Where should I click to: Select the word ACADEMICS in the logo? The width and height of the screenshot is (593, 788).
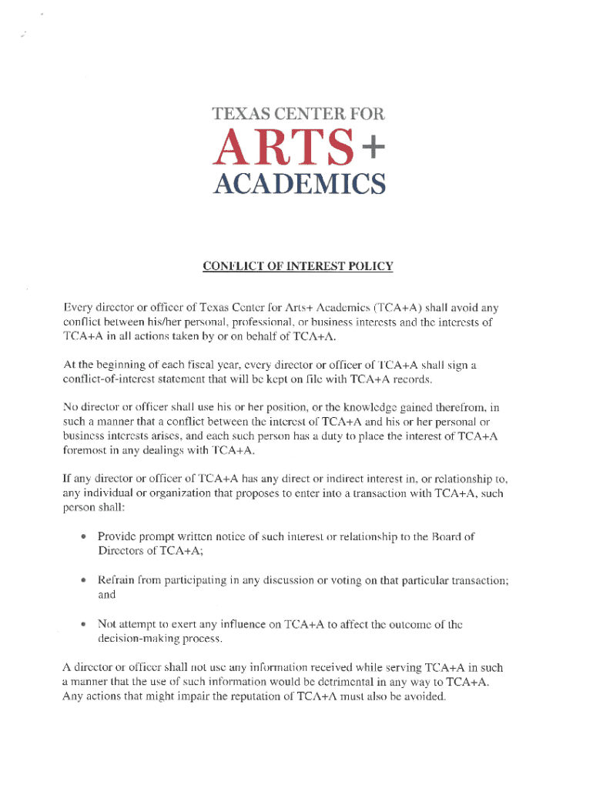[298, 185]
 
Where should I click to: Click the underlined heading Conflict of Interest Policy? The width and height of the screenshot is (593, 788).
[297, 266]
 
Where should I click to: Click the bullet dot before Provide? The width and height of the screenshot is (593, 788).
[82, 536]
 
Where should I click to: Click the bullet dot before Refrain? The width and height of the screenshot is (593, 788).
[82, 579]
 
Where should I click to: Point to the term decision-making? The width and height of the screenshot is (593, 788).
[133, 639]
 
